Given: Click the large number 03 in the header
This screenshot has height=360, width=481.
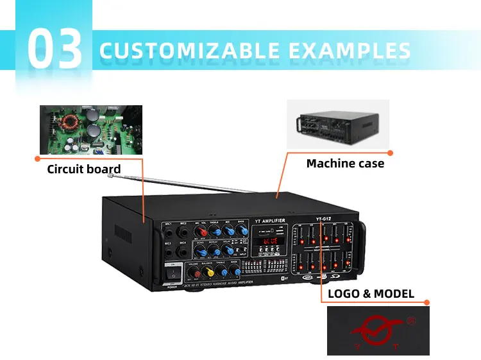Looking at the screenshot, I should click(x=55, y=49).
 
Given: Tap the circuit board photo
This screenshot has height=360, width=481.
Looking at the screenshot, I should click(x=91, y=130).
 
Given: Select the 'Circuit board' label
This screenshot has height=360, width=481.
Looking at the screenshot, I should click(x=83, y=170).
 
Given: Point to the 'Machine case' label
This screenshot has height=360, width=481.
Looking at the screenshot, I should click(x=345, y=164).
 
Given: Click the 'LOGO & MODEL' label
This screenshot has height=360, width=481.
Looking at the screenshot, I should click(x=371, y=295).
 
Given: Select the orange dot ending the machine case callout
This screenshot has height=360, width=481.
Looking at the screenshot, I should click(x=391, y=153).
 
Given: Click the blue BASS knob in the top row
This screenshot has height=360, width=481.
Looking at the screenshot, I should click(x=240, y=232).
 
